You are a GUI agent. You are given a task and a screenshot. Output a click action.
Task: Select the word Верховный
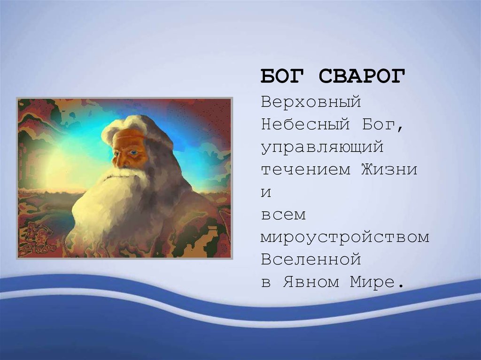tap(311, 102)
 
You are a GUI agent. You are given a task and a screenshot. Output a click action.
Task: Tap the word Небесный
tap(305, 124)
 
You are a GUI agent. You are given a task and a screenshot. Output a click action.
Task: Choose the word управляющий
tap(322, 147)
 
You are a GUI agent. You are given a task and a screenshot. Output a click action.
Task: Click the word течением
tap(305, 169)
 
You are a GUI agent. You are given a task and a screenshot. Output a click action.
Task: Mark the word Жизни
tap(389, 169)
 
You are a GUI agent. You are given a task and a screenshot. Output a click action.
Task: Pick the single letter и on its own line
tap(266, 192)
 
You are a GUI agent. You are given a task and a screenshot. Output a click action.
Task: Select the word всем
tap(283, 215)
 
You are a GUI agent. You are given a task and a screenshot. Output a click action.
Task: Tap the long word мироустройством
tap(345, 237)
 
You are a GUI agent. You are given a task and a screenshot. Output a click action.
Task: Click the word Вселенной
tap(311, 259)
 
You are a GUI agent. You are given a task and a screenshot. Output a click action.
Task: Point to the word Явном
tap(311, 282)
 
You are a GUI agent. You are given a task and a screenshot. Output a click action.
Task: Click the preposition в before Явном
tap(266, 283)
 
